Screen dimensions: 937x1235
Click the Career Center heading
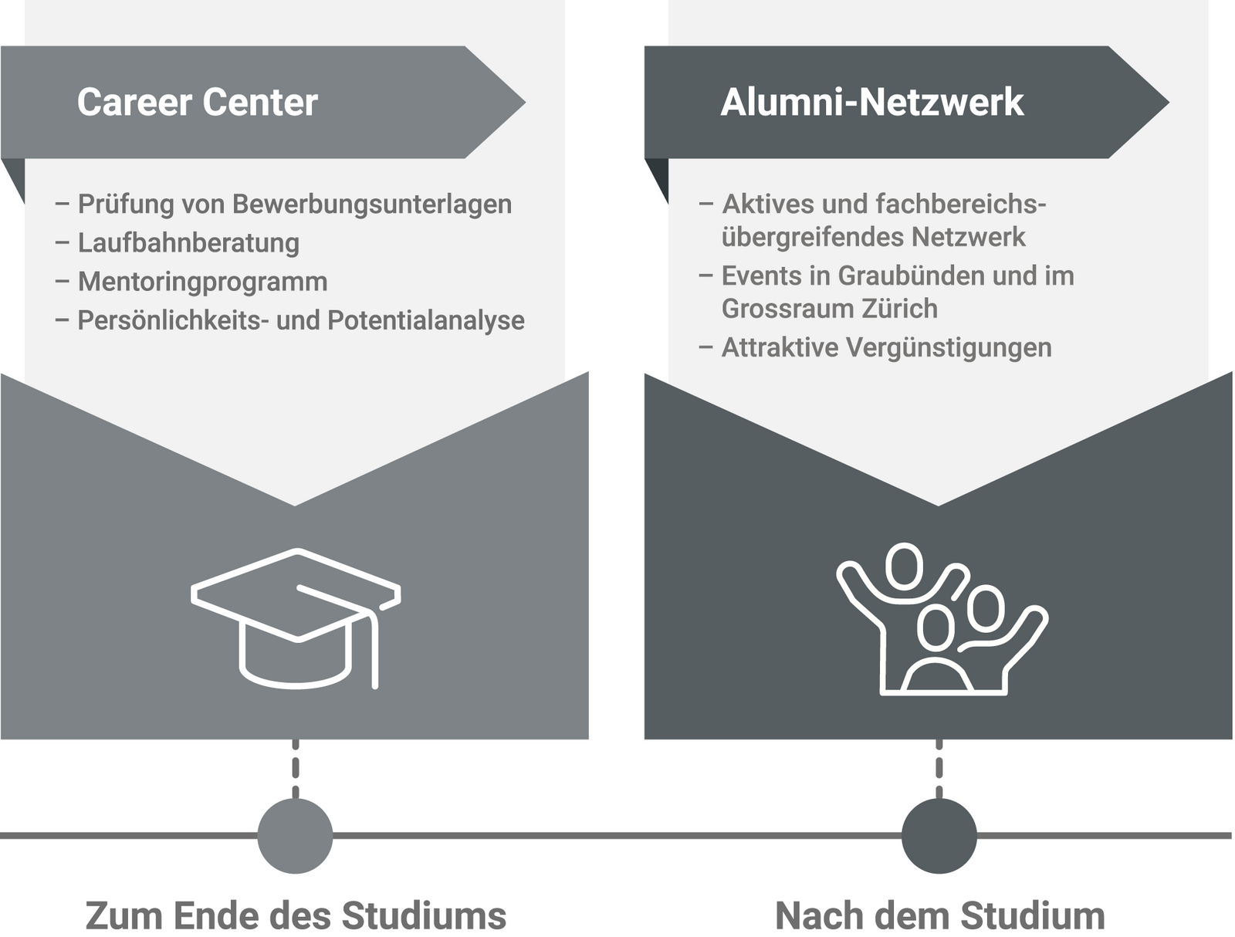(x=198, y=103)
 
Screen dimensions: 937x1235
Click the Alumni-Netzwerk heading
(x=872, y=103)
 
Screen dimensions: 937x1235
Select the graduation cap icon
(x=296, y=617)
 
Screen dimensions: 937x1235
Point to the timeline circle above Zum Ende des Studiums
(x=295, y=835)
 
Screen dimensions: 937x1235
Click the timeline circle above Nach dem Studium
(x=939, y=835)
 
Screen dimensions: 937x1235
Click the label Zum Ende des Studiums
(x=296, y=916)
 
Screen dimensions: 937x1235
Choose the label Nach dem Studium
(x=939, y=916)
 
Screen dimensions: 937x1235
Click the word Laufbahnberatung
(x=188, y=243)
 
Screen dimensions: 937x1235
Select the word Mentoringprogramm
(x=202, y=282)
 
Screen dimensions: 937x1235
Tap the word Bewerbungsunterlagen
(x=371, y=205)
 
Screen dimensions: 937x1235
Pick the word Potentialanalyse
(x=426, y=320)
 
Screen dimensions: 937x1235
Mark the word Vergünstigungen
(x=949, y=348)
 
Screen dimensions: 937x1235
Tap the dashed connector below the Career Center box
(x=295, y=769)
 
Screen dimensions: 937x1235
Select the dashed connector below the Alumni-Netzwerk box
(x=939, y=769)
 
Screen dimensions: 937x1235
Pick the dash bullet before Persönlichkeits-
(x=62, y=320)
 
